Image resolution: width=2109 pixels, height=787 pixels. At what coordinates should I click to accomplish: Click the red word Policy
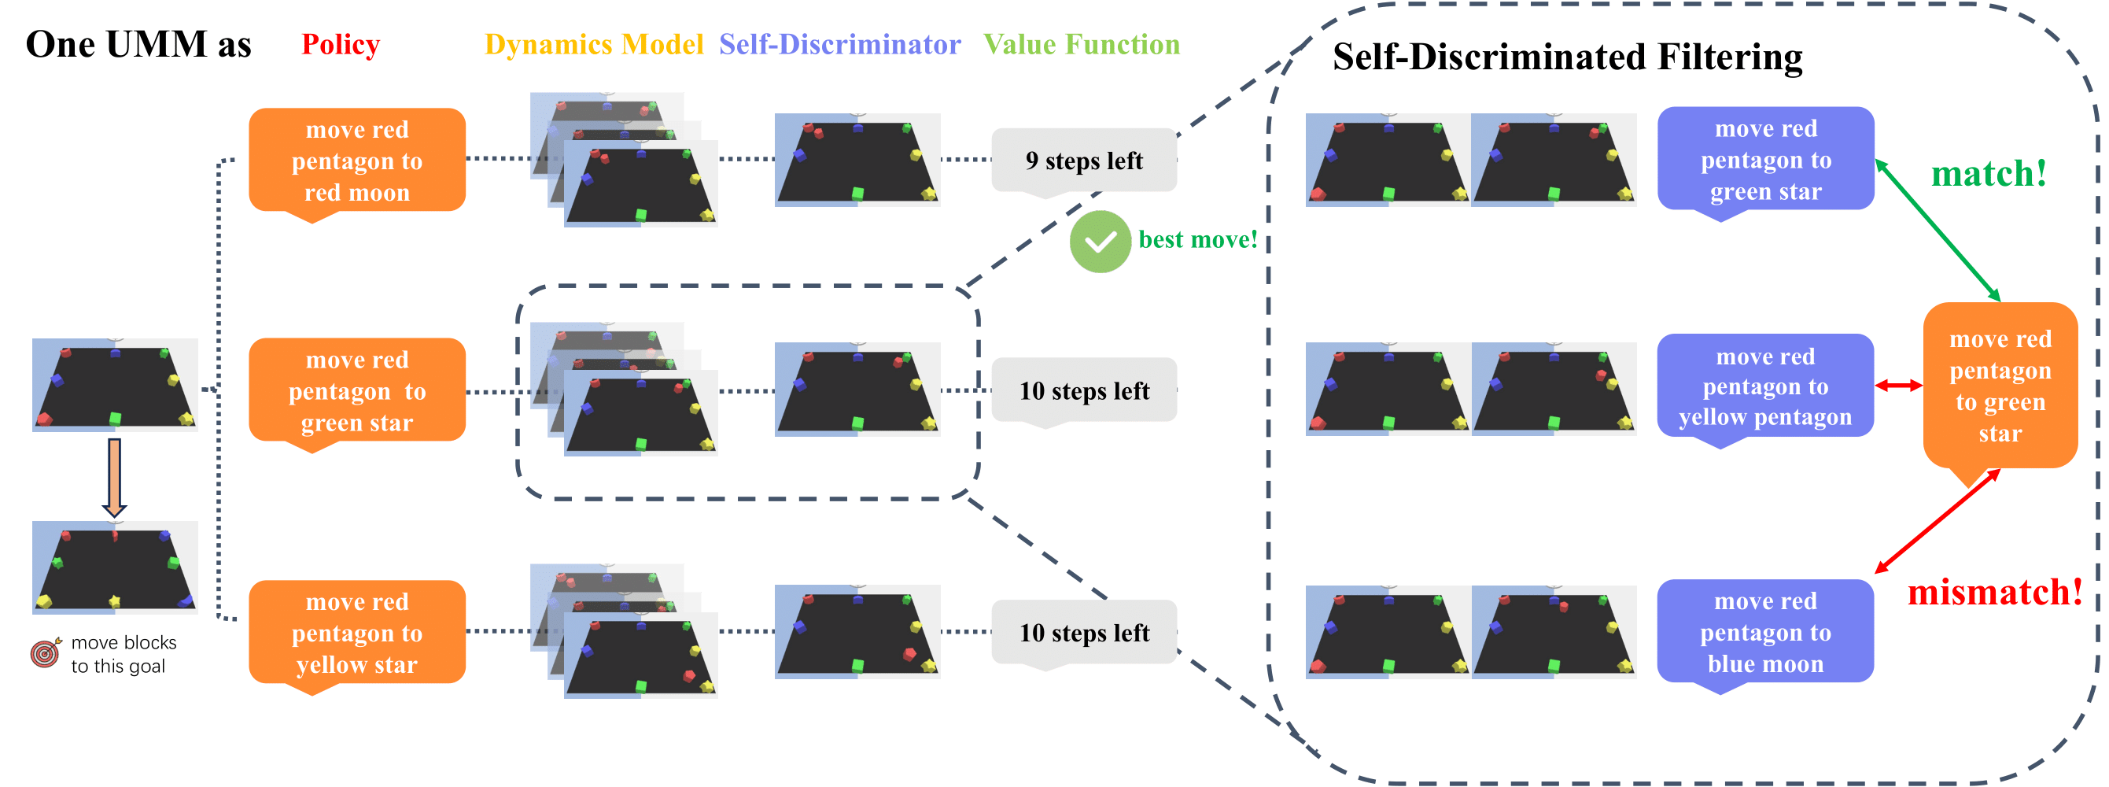pyautogui.click(x=341, y=44)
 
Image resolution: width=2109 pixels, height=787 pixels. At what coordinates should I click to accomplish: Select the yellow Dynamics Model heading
pyautogui.click(x=594, y=44)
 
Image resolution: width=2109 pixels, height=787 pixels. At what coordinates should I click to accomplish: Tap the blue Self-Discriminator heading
pyautogui.click(x=839, y=44)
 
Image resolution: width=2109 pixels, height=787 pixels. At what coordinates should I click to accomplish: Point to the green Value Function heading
pyautogui.click(x=1081, y=44)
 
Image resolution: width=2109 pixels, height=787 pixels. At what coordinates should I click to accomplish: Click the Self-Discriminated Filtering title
pyautogui.click(x=1567, y=57)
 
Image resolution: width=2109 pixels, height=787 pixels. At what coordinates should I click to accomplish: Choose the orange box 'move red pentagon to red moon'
pyautogui.click(x=357, y=161)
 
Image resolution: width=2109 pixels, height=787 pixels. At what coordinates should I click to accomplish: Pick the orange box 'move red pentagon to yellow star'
pyautogui.click(x=357, y=632)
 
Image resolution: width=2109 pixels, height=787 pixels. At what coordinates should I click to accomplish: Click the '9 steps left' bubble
pyautogui.click(x=1083, y=161)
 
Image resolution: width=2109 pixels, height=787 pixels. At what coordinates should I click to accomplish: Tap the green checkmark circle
pyautogui.click(x=1100, y=242)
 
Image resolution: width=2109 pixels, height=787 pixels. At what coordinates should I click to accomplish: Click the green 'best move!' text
pyautogui.click(x=1197, y=239)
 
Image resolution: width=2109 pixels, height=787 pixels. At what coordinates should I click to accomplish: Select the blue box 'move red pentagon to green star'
pyautogui.click(x=1765, y=160)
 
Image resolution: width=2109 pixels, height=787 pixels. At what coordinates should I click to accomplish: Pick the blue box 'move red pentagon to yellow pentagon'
pyautogui.click(x=1765, y=386)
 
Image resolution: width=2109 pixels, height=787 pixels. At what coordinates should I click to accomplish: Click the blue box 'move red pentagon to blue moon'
pyautogui.click(x=1765, y=632)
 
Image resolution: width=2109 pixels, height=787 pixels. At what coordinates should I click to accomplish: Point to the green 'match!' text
pyautogui.click(x=1989, y=174)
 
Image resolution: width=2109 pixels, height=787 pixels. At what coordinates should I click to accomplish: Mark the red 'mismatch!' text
pyautogui.click(x=1994, y=592)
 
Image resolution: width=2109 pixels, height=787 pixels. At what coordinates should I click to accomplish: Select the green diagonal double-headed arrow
pyautogui.click(x=1937, y=230)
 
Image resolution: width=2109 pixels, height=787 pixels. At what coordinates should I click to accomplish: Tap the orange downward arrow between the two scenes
pyautogui.click(x=115, y=477)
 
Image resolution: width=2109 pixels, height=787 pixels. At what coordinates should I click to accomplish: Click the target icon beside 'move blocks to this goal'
pyautogui.click(x=46, y=652)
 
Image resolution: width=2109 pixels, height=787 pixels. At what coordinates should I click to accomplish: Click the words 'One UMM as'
pyautogui.click(x=138, y=44)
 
